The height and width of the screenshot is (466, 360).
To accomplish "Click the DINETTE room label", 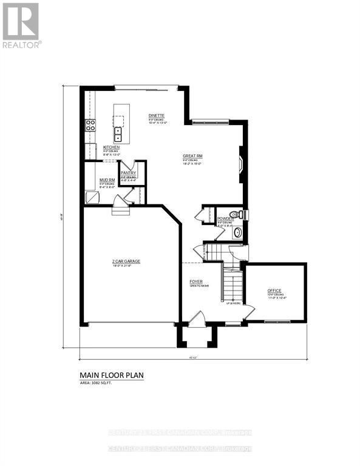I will [157, 115].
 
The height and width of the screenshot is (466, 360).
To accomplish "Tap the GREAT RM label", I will [192, 156].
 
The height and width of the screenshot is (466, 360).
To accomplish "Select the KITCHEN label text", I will [111, 147].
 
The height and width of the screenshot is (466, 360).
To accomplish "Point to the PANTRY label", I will [128, 173].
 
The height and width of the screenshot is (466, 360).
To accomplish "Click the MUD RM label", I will [107, 180].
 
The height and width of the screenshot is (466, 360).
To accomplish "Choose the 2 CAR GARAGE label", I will [126, 261].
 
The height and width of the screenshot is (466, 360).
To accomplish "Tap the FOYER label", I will [196, 282].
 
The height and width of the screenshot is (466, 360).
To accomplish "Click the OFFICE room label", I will [274, 291].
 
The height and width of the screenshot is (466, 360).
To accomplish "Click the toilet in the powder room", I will [240, 214].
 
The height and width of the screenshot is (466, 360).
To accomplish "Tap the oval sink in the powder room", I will [237, 232].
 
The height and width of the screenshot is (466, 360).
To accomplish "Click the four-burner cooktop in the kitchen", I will [90, 126].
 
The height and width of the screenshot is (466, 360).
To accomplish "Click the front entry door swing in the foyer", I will [195, 318].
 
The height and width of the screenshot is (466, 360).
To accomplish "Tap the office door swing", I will [248, 314].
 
